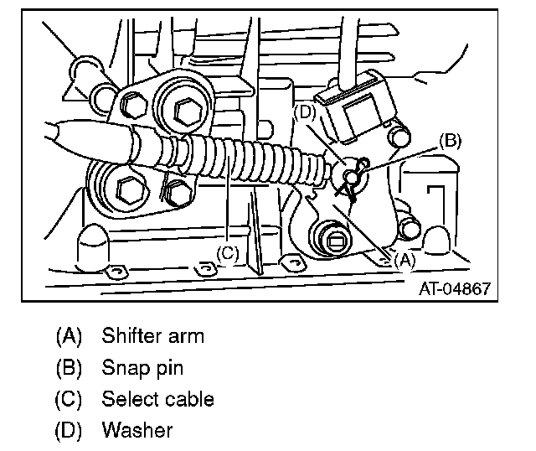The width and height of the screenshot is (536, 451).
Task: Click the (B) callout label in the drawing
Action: (450, 140)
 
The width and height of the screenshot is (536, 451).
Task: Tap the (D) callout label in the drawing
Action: (307, 111)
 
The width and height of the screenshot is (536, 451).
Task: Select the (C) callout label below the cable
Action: (228, 251)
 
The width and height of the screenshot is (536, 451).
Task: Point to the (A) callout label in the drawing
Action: (404, 260)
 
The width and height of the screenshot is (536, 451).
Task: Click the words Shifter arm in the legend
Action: (153, 337)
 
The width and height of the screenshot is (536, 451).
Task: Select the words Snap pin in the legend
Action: (142, 368)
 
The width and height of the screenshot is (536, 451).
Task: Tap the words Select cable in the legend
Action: (158, 399)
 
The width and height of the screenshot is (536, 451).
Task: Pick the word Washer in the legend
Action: (137, 430)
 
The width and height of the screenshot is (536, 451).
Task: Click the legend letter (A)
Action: (70, 337)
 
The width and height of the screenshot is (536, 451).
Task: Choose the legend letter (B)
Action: (70, 368)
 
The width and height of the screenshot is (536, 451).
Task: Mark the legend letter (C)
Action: (70, 399)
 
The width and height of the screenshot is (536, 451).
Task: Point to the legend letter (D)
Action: (70, 430)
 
